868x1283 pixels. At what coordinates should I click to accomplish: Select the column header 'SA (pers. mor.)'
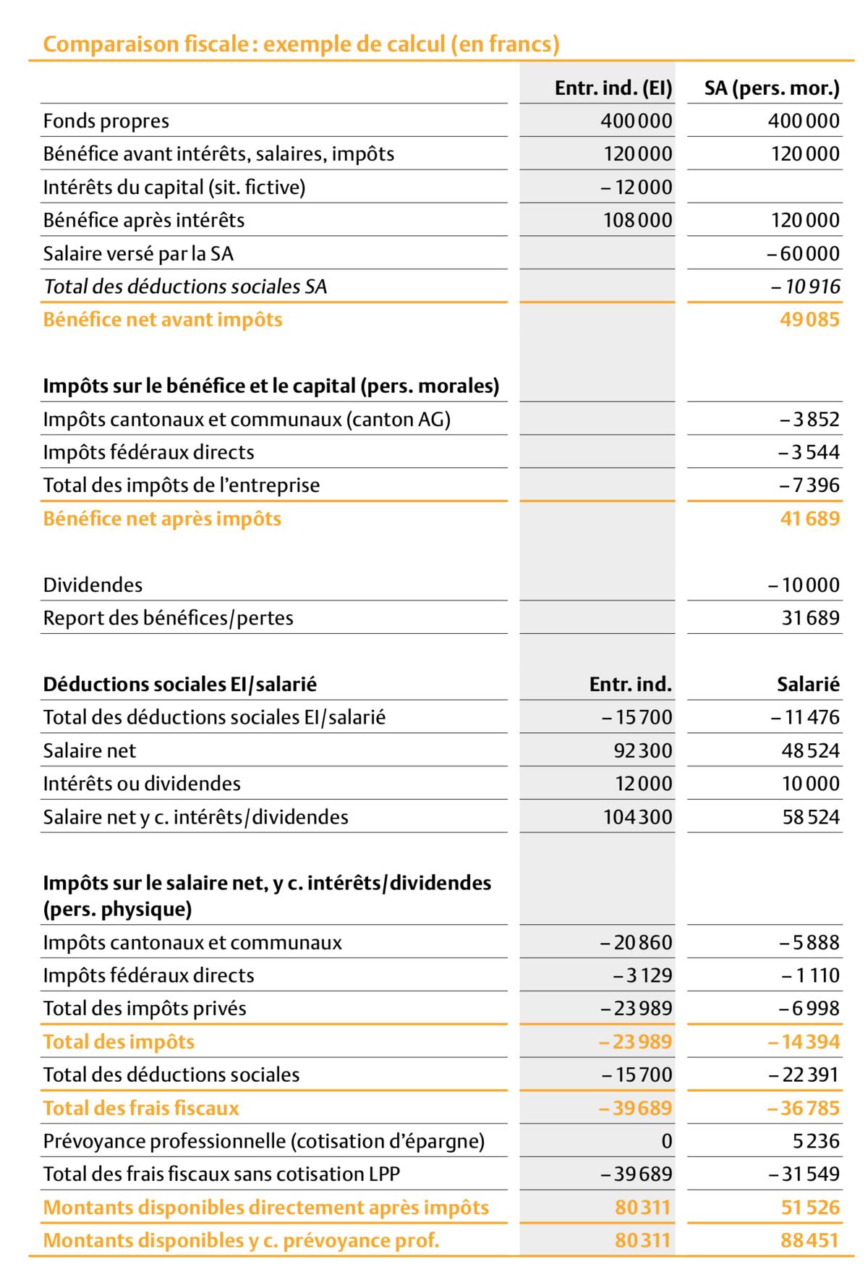pos(772,88)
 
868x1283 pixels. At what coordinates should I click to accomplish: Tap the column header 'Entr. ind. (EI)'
pos(613,88)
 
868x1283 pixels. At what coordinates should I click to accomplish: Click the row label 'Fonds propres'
pos(106,121)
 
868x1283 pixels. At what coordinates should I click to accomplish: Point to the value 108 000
pos(638,220)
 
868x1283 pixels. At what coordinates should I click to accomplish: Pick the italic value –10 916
pos(806,287)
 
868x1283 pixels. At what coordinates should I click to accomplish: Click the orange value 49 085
pos(809,320)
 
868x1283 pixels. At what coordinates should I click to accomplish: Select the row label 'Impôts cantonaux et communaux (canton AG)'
pos(247,419)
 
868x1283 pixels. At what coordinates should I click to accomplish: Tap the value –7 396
pos(809,485)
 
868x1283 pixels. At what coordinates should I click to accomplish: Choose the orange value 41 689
pos(809,518)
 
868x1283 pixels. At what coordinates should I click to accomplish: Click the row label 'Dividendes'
pos(93,585)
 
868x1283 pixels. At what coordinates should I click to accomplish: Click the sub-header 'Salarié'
pos(808,684)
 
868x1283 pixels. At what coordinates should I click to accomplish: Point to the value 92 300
pos(643,750)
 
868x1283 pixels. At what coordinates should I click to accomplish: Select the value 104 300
pos(638,817)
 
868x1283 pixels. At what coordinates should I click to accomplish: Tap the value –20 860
pos(637,942)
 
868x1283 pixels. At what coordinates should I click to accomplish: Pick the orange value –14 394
pos(804,1042)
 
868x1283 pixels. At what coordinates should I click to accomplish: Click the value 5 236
pos(816,1141)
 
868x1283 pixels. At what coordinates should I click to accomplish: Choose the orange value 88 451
pos(809,1240)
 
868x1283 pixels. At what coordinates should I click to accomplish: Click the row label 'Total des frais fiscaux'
pos(141,1108)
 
